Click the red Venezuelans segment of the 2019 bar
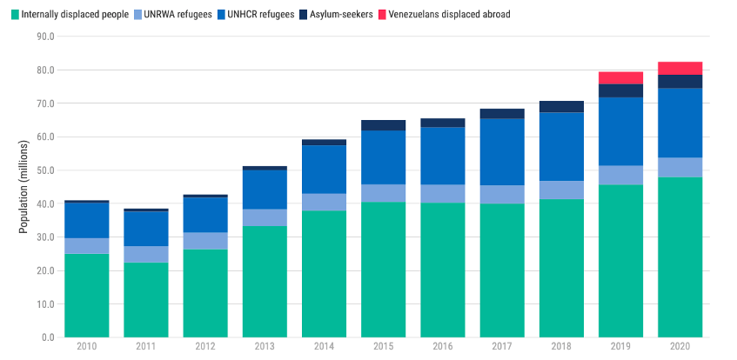(x=620, y=77)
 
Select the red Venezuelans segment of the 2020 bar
(x=680, y=68)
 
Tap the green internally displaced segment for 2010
(x=86, y=295)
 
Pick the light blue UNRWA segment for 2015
(x=383, y=193)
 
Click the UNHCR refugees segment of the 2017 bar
(x=502, y=151)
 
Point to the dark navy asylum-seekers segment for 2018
(x=561, y=106)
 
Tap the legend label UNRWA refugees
(x=178, y=15)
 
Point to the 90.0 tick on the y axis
(x=43, y=37)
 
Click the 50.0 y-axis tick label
(x=43, y=170)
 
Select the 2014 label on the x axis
(x=324, y=348)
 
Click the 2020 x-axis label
(x=680, y=348)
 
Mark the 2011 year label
(x=145, y=348)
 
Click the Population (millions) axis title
(x=23, y=187)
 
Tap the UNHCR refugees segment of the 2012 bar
(x=204, y=215)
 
